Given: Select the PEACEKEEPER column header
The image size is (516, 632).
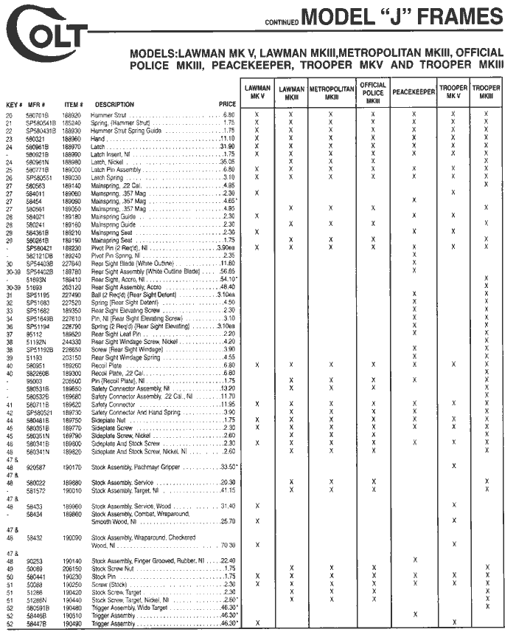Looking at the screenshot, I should point(414,93).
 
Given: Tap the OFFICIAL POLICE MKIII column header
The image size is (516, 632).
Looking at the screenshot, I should point(374,93).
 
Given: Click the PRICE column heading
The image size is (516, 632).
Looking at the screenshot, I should point(227,104).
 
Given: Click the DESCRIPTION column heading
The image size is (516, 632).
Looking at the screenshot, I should point(114,104).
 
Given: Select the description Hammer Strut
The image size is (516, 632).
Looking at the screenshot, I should point(110,116).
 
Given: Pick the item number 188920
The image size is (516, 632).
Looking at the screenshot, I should point(72,116).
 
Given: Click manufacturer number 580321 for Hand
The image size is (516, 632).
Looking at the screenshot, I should point(36,138).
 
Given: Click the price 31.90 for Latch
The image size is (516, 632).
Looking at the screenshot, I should point(226,146).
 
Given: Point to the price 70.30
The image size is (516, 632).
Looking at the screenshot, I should point(225,545).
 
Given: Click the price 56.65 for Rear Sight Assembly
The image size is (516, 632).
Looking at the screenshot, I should point(225,272).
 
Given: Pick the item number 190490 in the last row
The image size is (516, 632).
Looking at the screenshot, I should point(72,623).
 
